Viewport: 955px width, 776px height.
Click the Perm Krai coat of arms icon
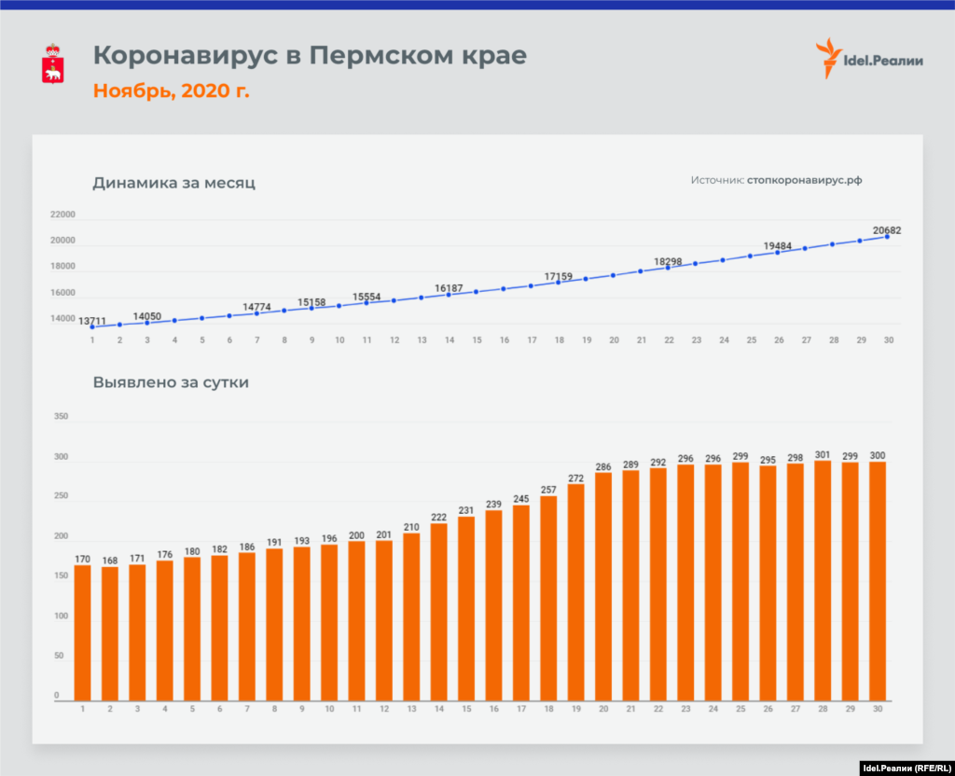(x=53, y=63)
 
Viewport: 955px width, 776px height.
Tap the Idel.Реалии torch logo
(x=827, y=58)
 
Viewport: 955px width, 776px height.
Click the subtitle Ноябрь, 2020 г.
(x=171, y=90)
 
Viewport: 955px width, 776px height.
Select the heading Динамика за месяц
(x=173, y=183)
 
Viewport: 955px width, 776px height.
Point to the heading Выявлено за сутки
(x=171, y=381)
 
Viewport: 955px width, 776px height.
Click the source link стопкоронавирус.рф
(x=804, y=180)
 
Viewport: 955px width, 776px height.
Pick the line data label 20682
(x=887, y=229)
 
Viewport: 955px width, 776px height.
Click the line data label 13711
(x=92, y=320)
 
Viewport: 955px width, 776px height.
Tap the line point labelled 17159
(x=559, y=282)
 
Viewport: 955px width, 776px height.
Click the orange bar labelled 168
(x=110, y=633)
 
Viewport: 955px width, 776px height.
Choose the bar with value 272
(x=575, y=591)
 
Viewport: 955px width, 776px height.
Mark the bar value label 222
(x=438, y=517)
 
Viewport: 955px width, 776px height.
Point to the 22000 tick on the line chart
(x=63, y=215)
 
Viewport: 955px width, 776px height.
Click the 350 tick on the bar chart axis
(x=62, y=417)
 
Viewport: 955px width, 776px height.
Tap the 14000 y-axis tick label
(x=63, y=319)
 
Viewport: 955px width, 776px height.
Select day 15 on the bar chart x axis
(x=466, y=710)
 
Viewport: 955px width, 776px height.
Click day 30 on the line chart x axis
(x=888, y=340)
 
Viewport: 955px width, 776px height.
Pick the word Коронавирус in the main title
(x=186, y=56)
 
